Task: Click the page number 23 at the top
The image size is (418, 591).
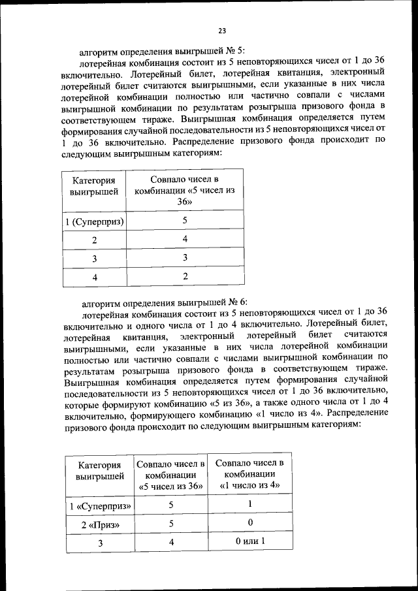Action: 221,30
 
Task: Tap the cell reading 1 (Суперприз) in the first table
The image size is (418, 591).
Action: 95,221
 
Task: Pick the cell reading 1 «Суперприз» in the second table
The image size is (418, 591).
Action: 101,506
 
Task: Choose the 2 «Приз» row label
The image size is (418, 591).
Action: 101,524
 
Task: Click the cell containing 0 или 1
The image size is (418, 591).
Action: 249,541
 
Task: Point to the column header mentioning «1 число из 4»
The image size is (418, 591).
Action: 249,473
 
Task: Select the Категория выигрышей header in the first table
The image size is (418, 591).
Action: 94,186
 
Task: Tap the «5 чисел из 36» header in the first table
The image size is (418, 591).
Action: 184,190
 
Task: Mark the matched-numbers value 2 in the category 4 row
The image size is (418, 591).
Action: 185,276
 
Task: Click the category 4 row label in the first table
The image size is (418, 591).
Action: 95,277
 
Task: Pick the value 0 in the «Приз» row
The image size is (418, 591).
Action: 249,524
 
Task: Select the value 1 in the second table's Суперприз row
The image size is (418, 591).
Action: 249,505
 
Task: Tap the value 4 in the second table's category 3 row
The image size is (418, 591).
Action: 171,542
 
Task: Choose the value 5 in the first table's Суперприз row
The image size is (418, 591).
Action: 185,221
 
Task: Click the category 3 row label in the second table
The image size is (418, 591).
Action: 101,543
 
